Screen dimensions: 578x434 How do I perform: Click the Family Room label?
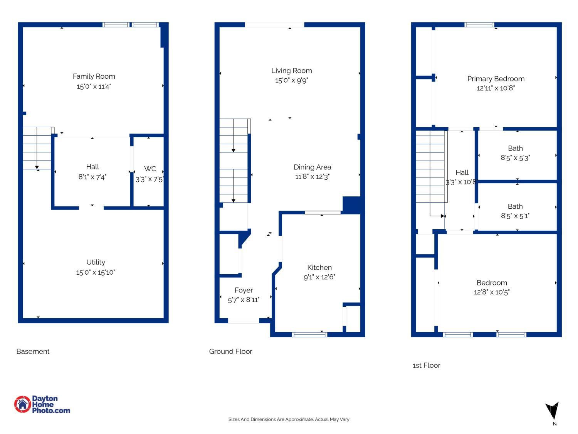(x=94, y=76)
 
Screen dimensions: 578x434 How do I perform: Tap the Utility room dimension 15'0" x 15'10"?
(x=96, y=272)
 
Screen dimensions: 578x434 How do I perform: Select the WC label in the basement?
(x=150, y=169)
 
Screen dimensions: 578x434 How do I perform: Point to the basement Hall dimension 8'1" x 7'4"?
(x=92, y=177)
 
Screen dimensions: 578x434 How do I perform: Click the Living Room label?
(x=291, y=71)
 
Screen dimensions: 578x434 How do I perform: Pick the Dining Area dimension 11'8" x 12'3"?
(x=312, y=177)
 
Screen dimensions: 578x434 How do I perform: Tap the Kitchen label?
(x=319, y=267)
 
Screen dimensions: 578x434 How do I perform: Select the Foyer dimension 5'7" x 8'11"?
(x=244, y=300)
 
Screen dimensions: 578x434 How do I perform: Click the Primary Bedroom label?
(x=496, y=79)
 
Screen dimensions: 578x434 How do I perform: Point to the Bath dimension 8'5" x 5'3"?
(x=515, y=158)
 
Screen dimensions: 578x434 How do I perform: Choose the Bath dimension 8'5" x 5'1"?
(x=515, y=216)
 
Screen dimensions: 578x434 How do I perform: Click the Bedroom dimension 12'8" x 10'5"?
(x=492, y=292)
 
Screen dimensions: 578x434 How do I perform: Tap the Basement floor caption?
(x=33, y=351)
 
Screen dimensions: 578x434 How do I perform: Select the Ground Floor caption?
(x=231, y=351)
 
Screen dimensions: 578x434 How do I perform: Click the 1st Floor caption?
(x=426, y=365)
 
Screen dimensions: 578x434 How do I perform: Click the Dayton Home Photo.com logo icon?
(x=23, y=404)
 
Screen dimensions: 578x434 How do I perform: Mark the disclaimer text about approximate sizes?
(x=289, y=419)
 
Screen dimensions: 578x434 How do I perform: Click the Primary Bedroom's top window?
(x=479, y=25)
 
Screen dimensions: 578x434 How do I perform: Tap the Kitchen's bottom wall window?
(x=309, y=334)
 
